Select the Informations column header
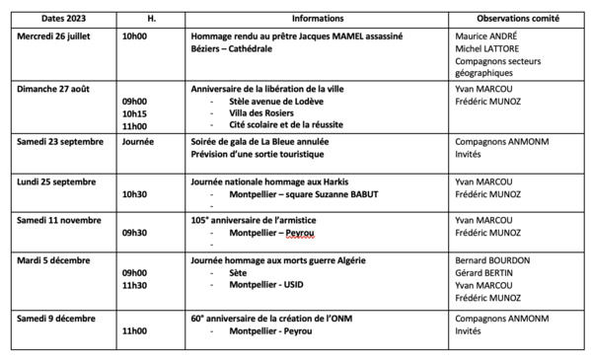[318, 19]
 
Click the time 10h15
[135, 113]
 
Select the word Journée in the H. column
[138, 142]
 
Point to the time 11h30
[135, 284]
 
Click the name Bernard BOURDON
[493, 259]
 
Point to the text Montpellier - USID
[269, 284]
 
